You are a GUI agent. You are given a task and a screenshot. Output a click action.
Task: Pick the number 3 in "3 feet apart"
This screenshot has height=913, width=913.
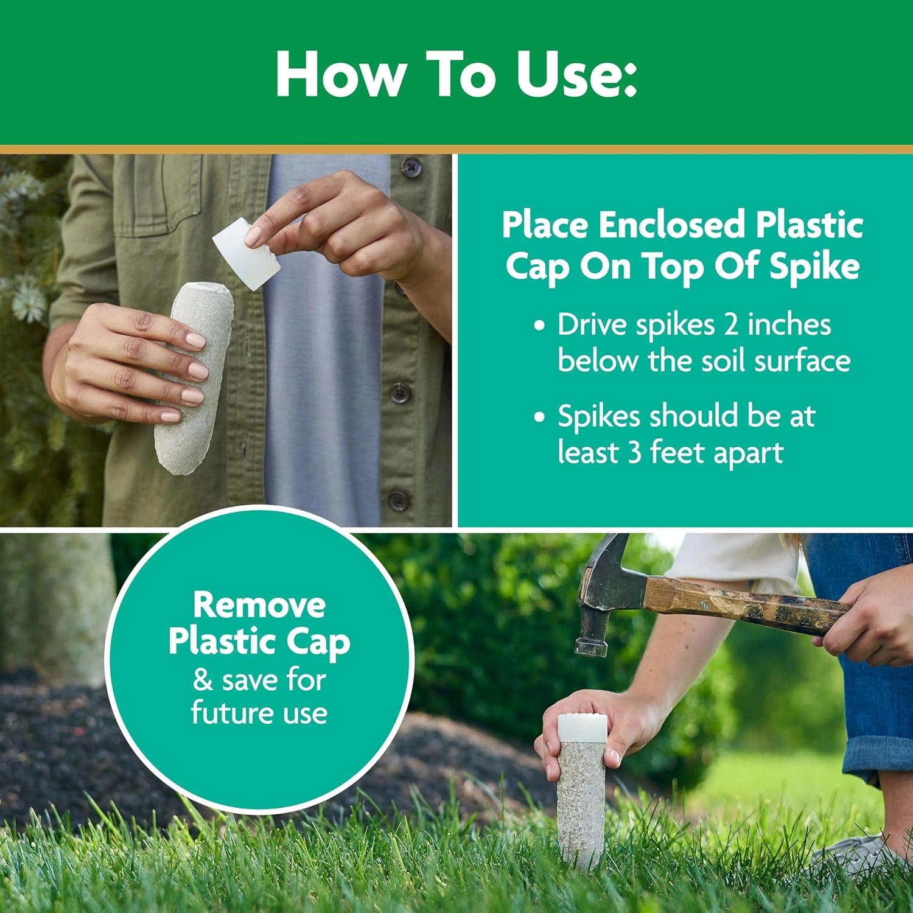pyautogui.click(x=635, y=453)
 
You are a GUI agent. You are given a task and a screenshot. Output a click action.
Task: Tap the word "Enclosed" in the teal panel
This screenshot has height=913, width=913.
pyautogui.click(x=670, y=225)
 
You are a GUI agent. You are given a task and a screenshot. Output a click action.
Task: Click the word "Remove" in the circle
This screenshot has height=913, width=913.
pyautogui.click(x=259, y=605)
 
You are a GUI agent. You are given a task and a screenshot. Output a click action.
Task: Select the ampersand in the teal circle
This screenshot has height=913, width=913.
pyautogui.click(x=203, y=680)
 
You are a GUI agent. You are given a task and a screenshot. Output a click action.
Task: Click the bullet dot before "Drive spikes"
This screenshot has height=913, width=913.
pyautogui.click(x=538, y=326)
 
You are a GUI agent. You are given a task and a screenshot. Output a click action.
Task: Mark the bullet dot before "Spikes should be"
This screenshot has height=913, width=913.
pyautogui.click(x=538, y=418)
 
